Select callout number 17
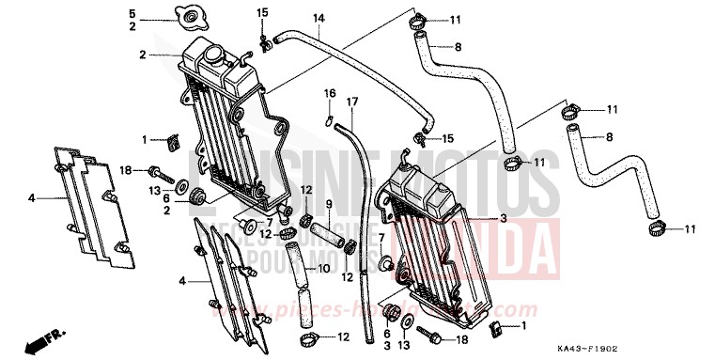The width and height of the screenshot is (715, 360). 353,102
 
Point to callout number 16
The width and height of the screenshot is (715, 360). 331,93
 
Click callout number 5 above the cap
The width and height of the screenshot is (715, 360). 132,12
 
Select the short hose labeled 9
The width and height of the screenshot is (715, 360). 328,230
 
